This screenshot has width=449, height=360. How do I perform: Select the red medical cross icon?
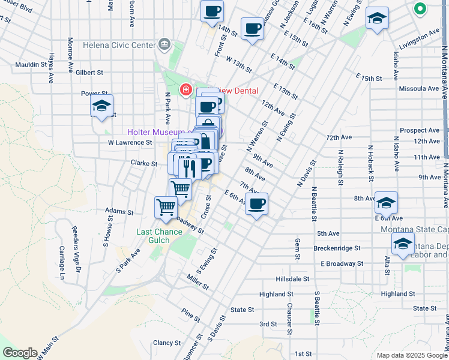coord(186,90)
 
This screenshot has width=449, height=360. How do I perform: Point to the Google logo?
coord(19,353)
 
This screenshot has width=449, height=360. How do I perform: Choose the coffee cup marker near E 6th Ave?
coord(257,204)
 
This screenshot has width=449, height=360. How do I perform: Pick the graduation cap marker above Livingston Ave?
coord(377,19)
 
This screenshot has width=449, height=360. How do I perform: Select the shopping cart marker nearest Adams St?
coord(166,208)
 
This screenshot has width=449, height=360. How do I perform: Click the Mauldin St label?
coord(32,64)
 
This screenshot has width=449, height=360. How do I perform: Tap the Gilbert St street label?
coord(89,73)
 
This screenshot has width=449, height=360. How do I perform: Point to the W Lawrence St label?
coord(130,143)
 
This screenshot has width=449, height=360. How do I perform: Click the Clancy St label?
coord(167,343)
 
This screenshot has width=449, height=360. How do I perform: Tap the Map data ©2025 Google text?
coord(411,355)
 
